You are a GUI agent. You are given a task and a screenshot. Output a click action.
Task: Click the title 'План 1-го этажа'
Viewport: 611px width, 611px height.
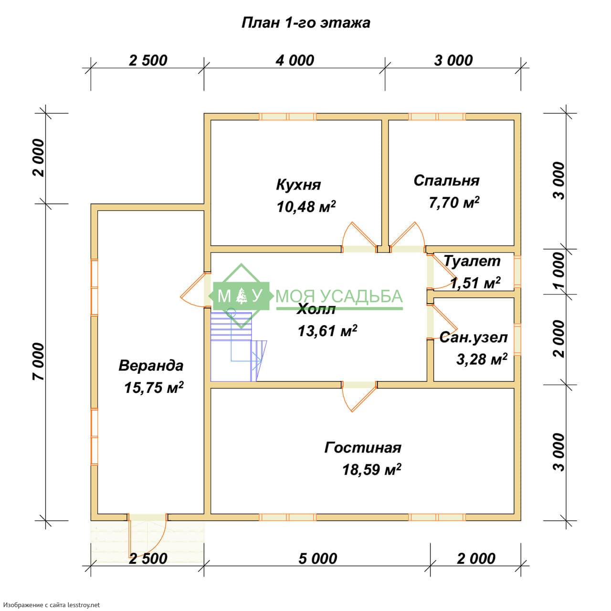pos(305,23)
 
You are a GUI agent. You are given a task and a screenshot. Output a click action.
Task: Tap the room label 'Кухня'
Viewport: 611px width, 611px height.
pos(298,185)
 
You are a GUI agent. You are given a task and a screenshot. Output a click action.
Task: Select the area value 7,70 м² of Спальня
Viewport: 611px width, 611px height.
pos(454,202)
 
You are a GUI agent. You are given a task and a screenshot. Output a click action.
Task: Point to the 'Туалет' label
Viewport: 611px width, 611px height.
pos(472,261)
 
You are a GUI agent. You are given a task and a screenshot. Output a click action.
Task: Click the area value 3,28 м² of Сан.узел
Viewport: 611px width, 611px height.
pos(482,359)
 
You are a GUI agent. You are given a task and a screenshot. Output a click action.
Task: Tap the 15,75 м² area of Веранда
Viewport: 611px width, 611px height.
pos(154,388)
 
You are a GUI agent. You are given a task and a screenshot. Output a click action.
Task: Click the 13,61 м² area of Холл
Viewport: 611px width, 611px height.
pos(327,331)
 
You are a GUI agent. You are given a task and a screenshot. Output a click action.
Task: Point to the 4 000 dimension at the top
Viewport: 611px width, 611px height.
pos(295,61)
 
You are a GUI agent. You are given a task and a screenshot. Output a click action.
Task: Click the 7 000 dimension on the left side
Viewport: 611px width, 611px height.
pos(39,361)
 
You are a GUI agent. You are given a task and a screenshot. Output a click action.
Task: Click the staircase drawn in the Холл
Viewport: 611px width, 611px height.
pos(239,346)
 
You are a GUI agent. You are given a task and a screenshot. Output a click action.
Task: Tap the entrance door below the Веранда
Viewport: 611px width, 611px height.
pos(148,535)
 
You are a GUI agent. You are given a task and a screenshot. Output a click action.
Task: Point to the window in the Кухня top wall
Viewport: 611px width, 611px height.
pos(287,116)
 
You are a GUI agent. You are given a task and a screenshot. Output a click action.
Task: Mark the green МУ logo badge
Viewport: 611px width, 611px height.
pos(242,296)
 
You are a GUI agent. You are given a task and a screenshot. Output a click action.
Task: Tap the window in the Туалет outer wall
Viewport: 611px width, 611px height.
pos(517,271)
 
